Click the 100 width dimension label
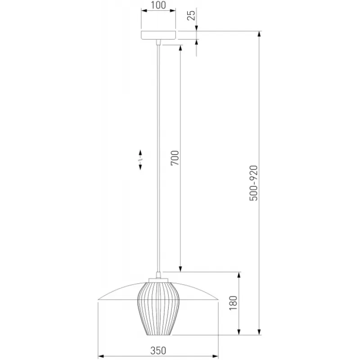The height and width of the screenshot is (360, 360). (158, 5)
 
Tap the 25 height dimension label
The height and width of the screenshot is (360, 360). (191, 15)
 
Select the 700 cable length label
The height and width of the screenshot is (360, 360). (175, 158)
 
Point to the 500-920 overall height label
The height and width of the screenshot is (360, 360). (254, 183)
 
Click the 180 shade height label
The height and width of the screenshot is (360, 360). (233, 303)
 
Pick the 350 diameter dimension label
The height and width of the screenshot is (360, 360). (158, 351)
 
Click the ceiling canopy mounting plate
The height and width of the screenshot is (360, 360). (158, 35)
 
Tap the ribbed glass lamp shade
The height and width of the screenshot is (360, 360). (158, 308)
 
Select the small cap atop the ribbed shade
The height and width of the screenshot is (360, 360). (158, 280)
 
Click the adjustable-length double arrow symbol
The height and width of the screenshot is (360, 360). (140, 160)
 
